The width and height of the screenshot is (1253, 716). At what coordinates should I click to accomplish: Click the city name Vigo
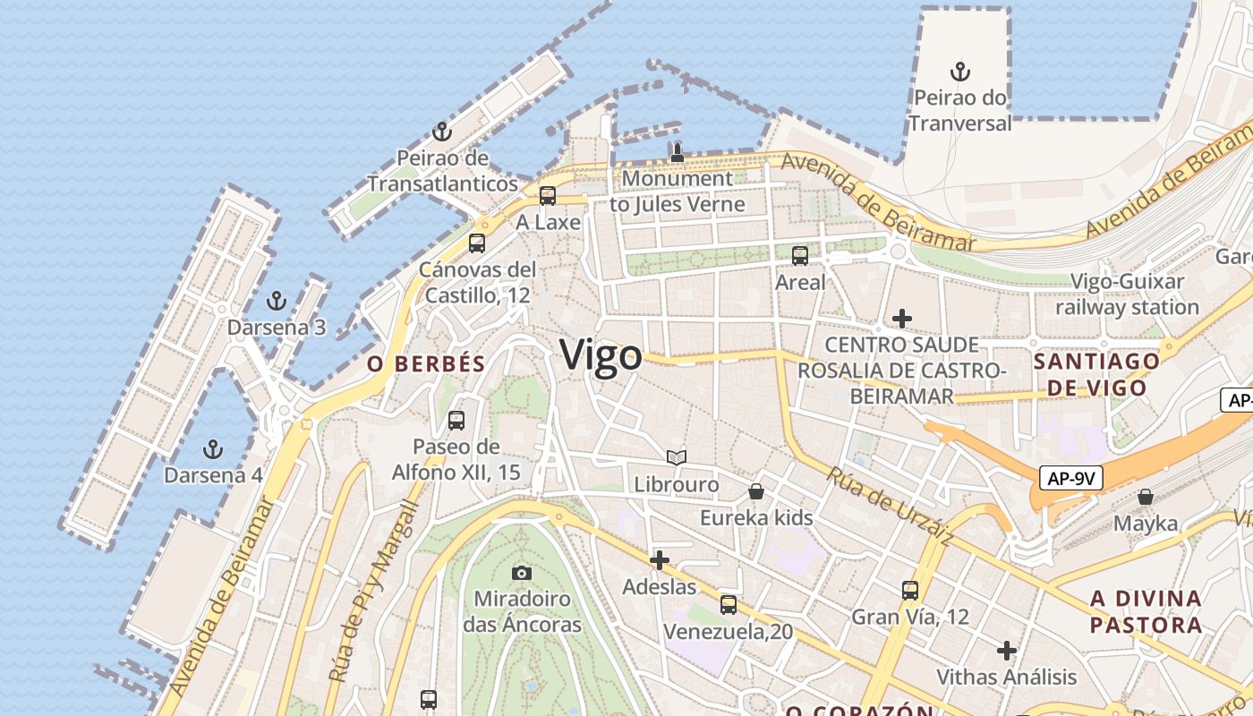[601, 355]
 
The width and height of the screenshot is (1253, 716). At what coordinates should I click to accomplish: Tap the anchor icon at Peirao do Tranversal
[960, 72]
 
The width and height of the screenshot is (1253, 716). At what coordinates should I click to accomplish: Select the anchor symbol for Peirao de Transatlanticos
[441, 132]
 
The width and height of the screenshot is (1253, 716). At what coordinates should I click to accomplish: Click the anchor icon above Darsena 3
[277, 300]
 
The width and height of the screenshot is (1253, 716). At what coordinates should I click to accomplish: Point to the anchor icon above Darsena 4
[213, 448]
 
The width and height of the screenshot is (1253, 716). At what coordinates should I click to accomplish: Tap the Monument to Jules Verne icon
[678, 152]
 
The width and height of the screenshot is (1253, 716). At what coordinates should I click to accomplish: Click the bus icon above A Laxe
[548, 195]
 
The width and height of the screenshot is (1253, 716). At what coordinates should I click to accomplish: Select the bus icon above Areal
[800, 255]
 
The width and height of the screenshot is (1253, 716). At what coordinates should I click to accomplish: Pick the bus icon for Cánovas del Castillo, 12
[477, 243]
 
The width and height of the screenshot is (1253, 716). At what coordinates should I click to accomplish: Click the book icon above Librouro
[677, 457]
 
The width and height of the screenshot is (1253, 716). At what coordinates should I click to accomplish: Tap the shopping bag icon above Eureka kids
[756, 490]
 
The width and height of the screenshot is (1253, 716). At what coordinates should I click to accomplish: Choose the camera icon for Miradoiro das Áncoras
[522, 572]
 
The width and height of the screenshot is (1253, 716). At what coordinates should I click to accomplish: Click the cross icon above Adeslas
[660, 560]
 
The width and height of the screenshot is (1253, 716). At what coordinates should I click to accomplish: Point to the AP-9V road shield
[1072, 478]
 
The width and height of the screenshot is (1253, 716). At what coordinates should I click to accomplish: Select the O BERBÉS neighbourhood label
[426, 363]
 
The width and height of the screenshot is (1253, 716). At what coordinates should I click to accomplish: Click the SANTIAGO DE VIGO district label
[1096, 374]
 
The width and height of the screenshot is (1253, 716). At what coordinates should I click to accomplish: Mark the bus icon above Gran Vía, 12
[910, 590]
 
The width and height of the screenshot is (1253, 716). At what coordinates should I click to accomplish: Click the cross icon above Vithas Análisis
[1007, 650]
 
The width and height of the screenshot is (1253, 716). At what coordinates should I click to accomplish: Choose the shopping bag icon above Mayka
[1146, 496]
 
